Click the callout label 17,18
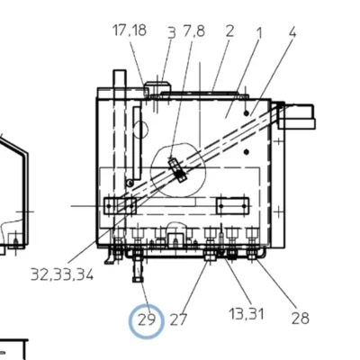tap(130, 31)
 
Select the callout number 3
tap(172, 32)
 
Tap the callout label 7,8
tap(193, 31)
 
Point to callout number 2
tap(229, 31)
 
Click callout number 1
tap(259, 33)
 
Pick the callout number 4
tap(292, 31)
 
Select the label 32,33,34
tap(62, 274)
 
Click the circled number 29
tap(147, 320)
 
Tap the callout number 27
tap(178, 319)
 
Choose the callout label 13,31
tap(247, 314)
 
